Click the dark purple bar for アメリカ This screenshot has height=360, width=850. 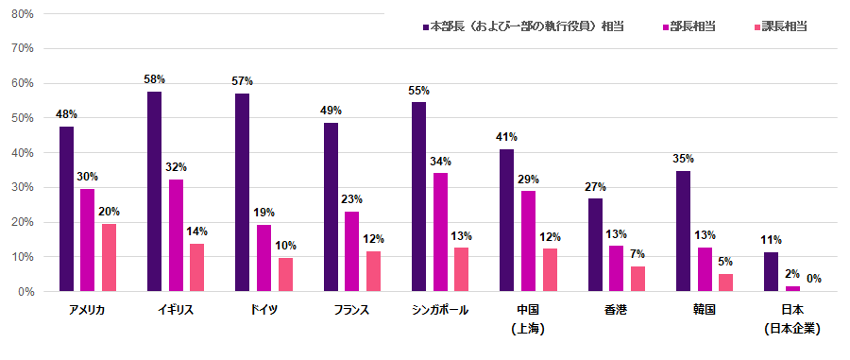point(66,208)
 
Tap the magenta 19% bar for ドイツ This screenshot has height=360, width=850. point(263,258)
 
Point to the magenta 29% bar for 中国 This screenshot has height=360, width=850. point(528,241)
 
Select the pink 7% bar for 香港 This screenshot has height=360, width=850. point(637,279)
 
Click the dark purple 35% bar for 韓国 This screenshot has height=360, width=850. point(683,231)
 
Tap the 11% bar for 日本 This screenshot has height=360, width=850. point(771,272)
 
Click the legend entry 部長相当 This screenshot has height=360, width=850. point(692,26)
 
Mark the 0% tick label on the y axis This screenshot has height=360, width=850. point(25,292)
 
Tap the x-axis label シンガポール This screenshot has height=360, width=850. point(440,311)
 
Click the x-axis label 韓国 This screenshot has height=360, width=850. point(704,311)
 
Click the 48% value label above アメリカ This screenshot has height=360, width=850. point(66,115)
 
